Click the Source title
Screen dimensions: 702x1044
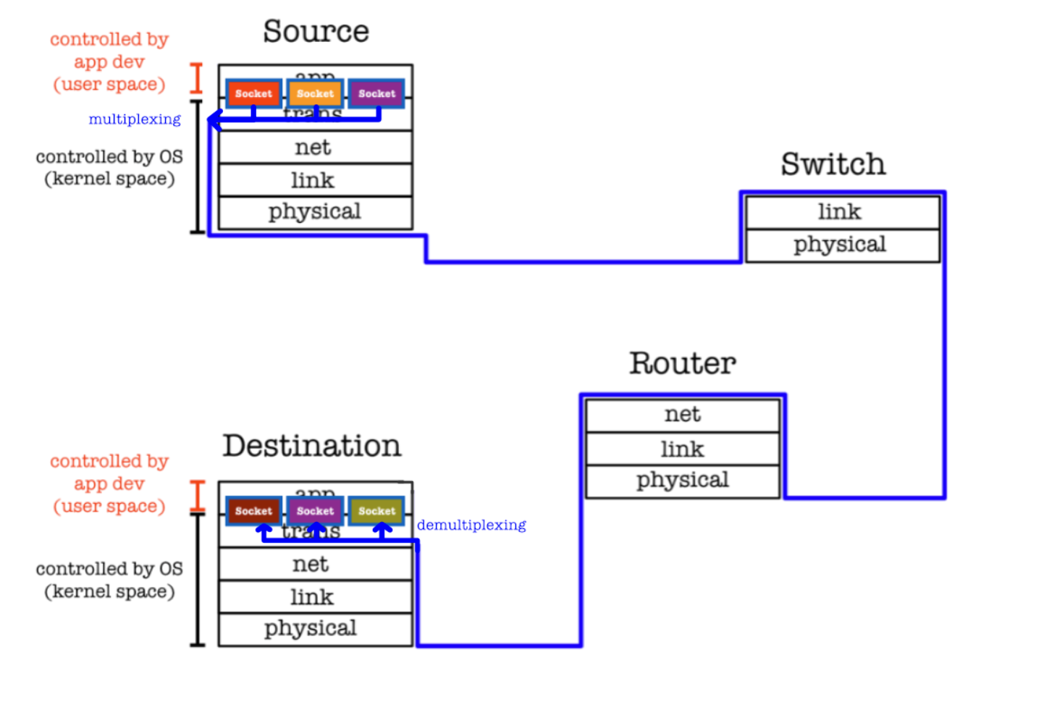click(x=316, y=32)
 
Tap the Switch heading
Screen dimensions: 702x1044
click(x=833, y=164)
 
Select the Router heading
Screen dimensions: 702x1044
click(x=682, y=363)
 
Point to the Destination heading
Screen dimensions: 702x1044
click(x=311, y=446)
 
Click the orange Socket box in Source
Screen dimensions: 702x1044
click(x=315, y=93)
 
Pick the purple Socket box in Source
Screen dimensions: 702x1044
click(x=376, y=93)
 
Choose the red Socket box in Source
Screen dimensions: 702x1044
click(x=253, y=93)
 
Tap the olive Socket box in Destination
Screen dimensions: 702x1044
click(x=376, y=511)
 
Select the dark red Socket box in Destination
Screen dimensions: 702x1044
click(x=253, y=511)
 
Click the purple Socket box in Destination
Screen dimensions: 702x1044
click(x=315, y=511)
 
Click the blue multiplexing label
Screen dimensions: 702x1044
click(x=135, y=119)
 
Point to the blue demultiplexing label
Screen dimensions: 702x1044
click(x=471, y=525)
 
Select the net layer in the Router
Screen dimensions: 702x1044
click(x=682, y=415)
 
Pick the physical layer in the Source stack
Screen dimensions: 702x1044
click(x=315, y=212)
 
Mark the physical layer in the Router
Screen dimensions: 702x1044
click(x=682, y=481)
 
